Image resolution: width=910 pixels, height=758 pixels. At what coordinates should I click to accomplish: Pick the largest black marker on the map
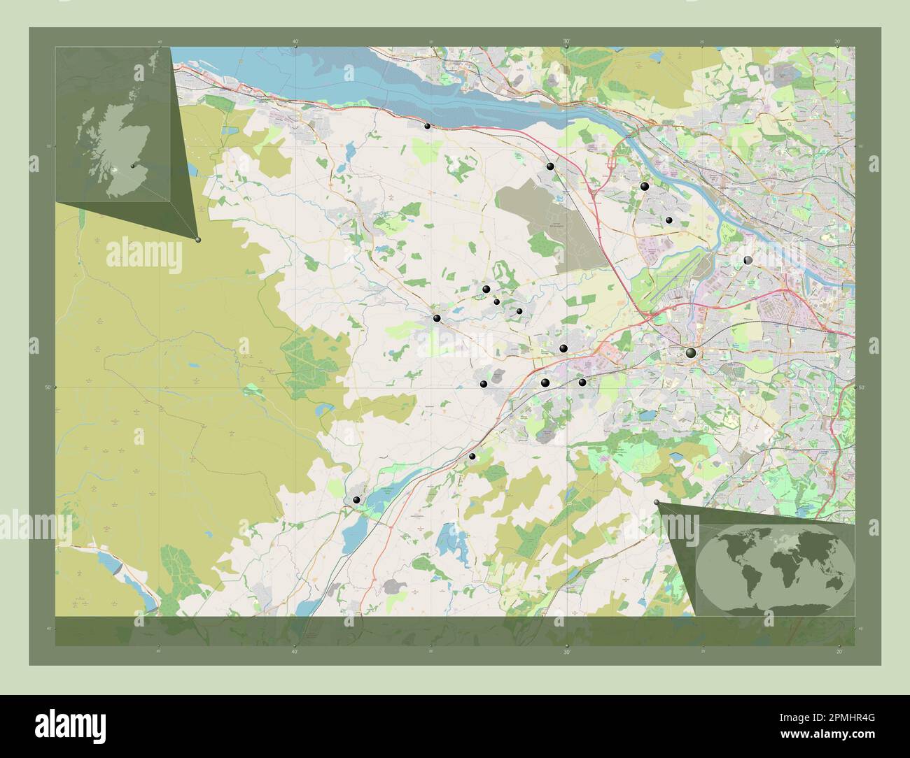click(x=691, y=353)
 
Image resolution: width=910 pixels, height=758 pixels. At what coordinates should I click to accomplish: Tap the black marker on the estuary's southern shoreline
click(x=427, y=126)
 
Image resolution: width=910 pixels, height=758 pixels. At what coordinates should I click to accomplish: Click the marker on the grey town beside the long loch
click(x=357, y=500)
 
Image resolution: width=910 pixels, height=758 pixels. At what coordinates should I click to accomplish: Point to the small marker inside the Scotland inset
click(x=132, y=166)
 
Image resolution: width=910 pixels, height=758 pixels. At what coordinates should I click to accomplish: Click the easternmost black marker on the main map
click(x=748, y=260)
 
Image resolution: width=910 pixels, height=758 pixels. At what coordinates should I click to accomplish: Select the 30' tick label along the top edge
click(x=566, y=41)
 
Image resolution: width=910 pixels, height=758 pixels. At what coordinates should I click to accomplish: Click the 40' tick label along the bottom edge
click(x=294, y=651)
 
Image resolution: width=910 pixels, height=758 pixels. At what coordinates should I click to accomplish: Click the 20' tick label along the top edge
click(x=837, y=41)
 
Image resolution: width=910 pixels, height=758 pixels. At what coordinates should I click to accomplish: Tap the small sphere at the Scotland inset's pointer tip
click(x=198, y=240)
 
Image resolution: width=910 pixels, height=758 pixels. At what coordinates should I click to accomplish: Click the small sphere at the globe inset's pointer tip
click(x=656, y=502)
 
